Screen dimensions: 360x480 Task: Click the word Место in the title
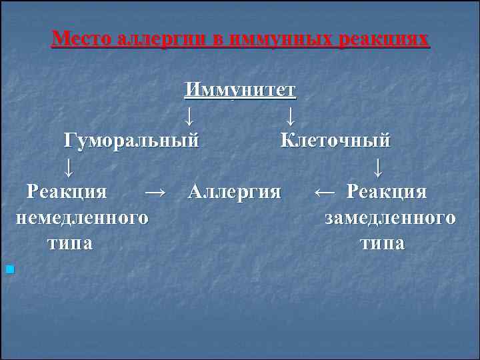82,38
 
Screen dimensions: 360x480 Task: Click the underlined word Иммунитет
241,89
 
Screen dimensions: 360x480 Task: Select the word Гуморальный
131,141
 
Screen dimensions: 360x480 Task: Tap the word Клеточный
335,141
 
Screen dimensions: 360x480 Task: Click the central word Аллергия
235,192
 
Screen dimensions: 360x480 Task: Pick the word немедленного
81,217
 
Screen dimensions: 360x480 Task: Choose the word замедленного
391,217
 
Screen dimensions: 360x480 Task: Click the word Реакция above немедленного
67,192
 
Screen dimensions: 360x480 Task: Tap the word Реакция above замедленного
387,192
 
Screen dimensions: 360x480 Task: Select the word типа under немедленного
70,243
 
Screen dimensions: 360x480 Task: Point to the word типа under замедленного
382,243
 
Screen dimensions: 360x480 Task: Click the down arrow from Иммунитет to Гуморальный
189,117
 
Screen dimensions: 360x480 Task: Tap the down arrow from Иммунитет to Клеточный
290,117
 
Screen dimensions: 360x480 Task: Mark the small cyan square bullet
9,269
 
